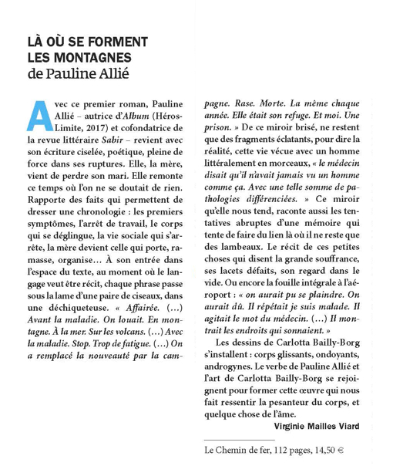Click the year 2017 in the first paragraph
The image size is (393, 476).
(81, 127)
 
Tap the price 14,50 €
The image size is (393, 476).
(340, 447)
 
